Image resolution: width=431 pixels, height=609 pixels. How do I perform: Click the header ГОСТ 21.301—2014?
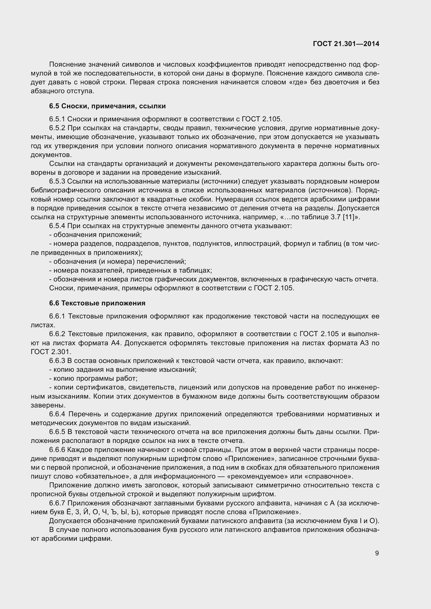(346, 44)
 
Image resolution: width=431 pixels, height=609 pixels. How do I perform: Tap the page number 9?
(377, 553)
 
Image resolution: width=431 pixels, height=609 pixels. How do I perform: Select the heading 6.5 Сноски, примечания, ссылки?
(107, 106)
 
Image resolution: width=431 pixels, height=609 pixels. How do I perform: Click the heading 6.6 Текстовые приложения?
(97, 303)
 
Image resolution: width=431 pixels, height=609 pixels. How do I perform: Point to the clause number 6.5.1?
(57, 119)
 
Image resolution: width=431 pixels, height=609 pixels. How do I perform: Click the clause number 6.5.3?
(57, 181)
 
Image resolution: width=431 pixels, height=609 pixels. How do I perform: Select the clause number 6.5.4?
(57, 226)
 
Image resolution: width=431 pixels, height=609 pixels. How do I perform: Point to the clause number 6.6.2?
(57, 334)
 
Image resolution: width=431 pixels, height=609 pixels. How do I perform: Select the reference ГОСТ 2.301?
(51, 352)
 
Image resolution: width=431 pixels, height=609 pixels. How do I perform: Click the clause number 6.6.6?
(57, 450)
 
